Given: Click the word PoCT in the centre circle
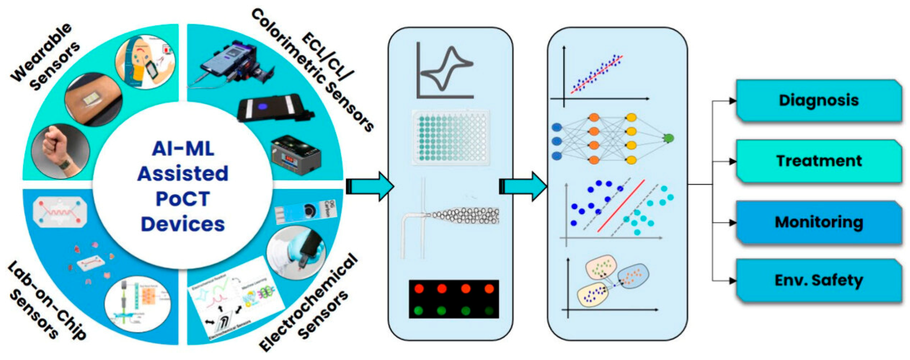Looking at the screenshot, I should pos(183,199).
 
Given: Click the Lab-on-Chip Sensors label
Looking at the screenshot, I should pos(46,302).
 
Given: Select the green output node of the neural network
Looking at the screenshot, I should pos(668,138).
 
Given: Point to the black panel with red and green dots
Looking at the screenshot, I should pos(454,299).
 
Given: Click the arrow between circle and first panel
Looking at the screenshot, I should pos(369,186).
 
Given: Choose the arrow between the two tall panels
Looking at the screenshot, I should pos(523,186).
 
